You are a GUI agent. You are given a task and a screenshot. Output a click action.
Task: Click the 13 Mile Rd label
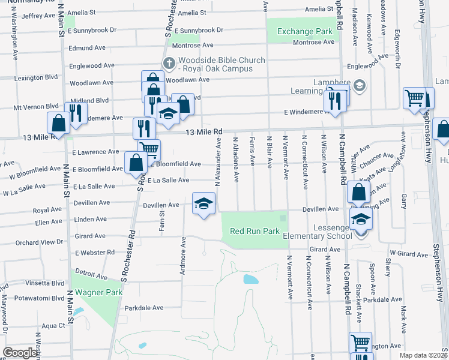[204, 132]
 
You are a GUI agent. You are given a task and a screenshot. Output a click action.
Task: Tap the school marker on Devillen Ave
[203, 204]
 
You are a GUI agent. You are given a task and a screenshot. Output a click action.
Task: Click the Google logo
[20, 353]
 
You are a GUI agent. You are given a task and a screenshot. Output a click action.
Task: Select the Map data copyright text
[424, 355]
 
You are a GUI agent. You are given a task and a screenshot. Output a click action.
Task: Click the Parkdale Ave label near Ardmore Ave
[144, 308]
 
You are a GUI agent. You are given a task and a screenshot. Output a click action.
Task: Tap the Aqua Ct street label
[53, 326]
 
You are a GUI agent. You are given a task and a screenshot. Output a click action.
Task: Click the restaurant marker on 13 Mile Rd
[144, 128]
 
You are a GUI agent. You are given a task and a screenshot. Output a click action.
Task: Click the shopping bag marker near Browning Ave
[358, 192]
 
